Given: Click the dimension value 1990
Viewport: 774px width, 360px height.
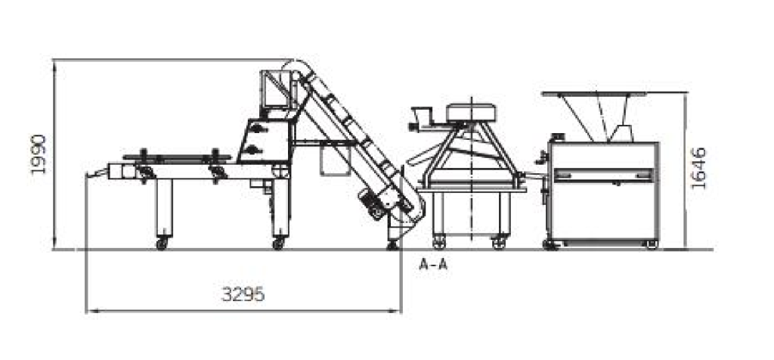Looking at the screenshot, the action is [x=38, y=154].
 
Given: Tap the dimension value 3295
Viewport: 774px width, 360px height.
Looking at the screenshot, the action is [x=243, y=294].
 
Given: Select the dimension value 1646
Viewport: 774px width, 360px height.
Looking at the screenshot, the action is [x=699, y=168].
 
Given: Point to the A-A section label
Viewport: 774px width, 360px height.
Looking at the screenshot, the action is [x=433, y=265].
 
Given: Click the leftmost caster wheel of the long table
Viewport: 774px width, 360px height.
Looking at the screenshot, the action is [x=162, y=244].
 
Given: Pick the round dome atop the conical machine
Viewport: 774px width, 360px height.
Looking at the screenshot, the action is [x=471, y=113].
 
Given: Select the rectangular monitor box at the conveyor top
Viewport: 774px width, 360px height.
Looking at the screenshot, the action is [x=274, y=89].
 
